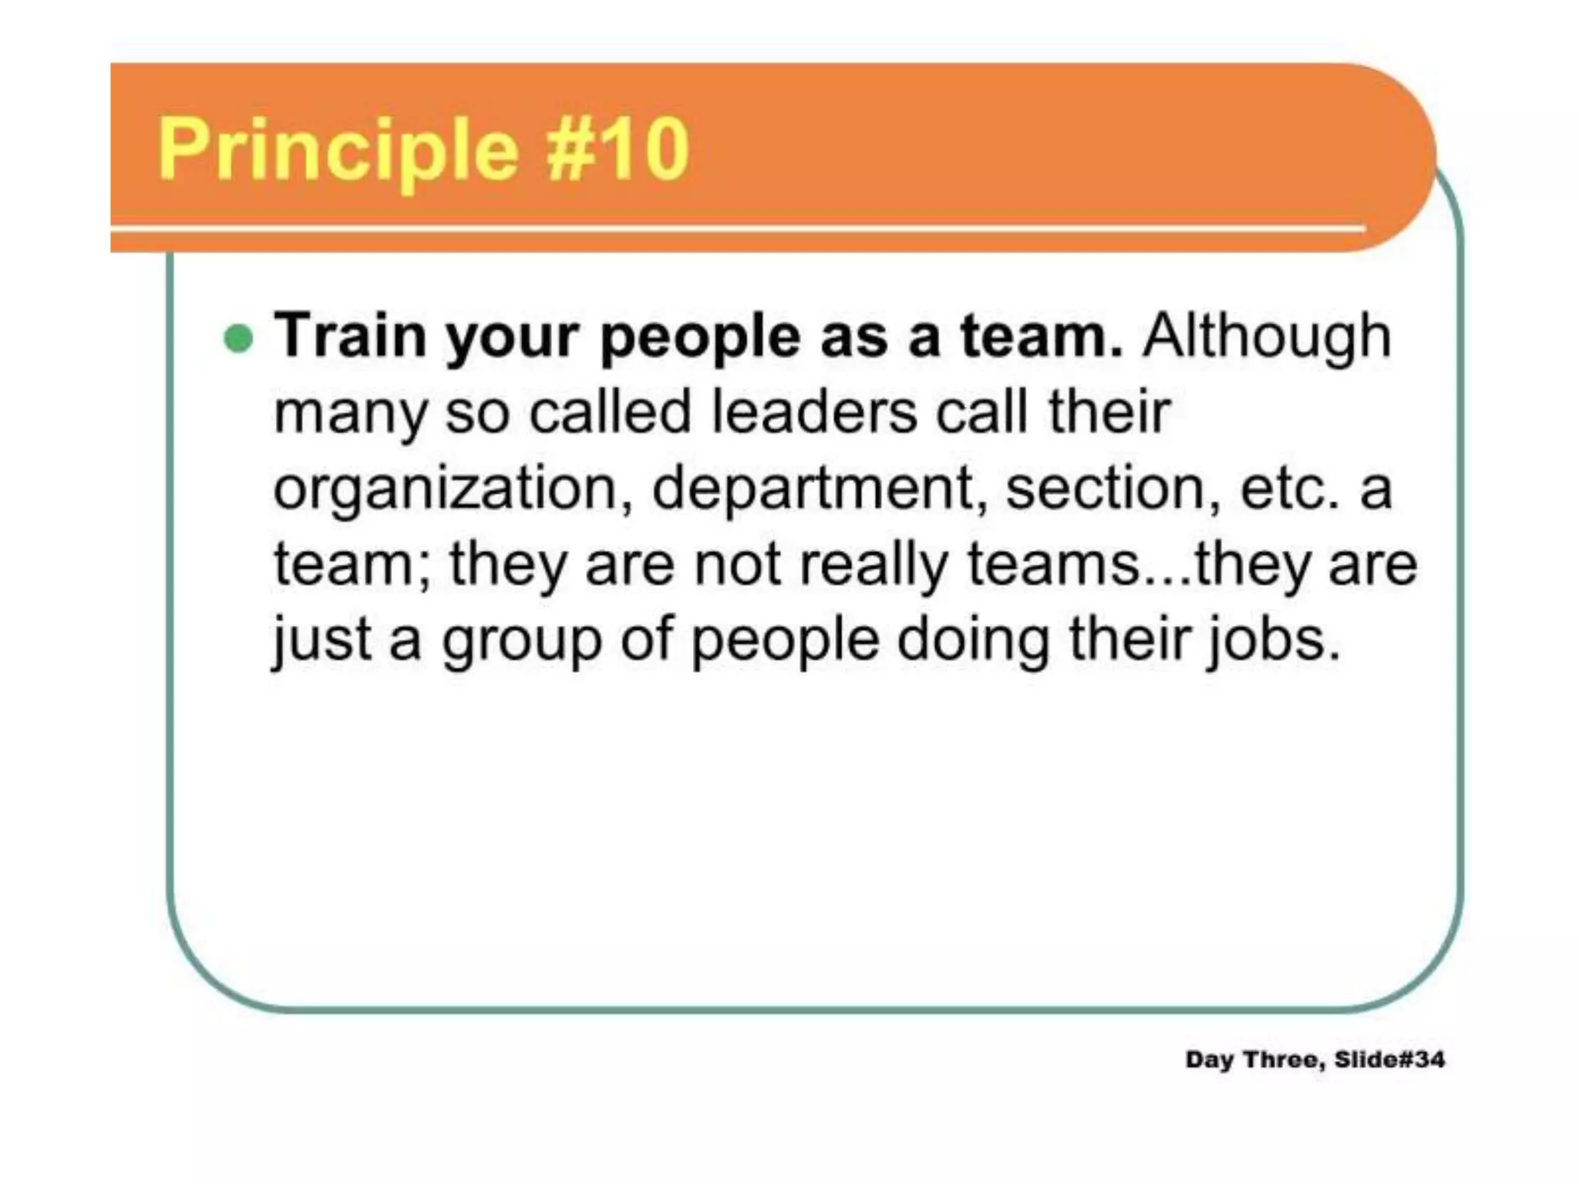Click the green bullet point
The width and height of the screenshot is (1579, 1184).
pyautogui.click(x=238, y=338)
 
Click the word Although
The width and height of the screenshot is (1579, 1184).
pyautogui.click(x=1266, y=337)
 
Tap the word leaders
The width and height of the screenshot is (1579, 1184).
pyautogui.click(x=813, y=412)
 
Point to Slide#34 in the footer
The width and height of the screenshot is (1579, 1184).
pyautogui.click(x=1389, y=1059)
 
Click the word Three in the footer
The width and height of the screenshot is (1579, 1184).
pyautogui.click(x=1284, y=1059)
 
